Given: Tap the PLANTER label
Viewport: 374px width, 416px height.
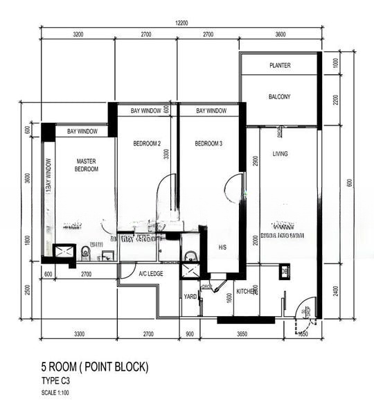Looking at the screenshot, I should point(280,66).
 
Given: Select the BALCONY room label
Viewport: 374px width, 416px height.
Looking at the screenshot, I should point(279,97).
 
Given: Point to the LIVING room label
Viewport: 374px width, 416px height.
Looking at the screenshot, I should point(280,154).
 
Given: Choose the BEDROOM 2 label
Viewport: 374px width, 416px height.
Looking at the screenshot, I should point(147,144).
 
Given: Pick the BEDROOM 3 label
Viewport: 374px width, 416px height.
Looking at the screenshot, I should point(208,144).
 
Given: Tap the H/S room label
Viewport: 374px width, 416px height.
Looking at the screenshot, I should point(222,248).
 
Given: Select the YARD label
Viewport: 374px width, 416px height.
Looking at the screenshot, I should point(189,297).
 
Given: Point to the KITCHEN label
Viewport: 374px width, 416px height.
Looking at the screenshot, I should point(247,292).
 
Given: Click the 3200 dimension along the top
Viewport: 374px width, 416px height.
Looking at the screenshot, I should point(78,34).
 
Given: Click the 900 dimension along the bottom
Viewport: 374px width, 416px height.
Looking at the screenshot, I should point(190,333).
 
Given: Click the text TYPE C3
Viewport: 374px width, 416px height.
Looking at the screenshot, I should point(56,381).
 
